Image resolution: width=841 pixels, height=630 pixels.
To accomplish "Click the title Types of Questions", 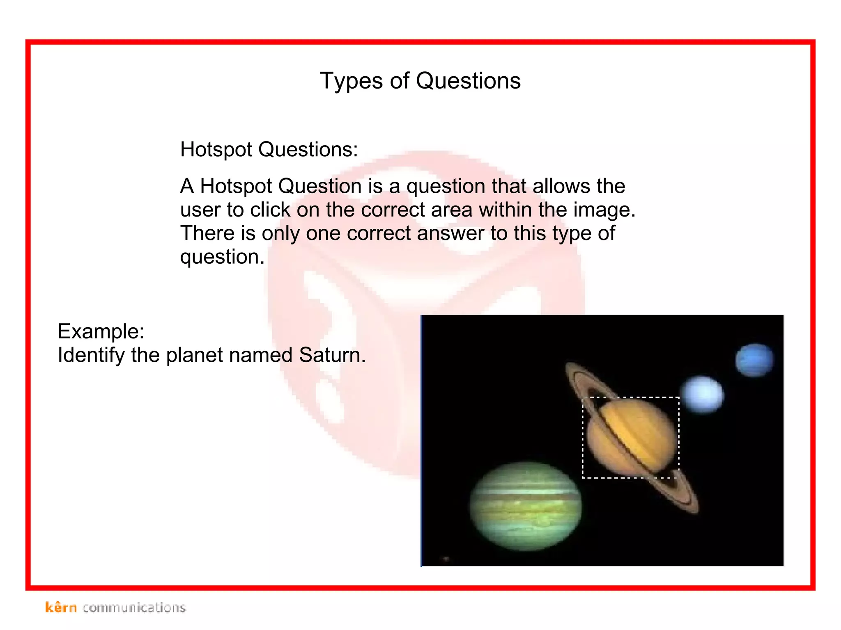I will click(420, 81).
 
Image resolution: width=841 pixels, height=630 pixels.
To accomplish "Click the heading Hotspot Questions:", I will click(269, 149).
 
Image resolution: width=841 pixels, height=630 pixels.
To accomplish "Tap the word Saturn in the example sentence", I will click(332, 355).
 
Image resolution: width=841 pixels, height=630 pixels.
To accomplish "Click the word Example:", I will click(101, 331).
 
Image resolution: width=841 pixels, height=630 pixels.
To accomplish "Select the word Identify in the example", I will click(91, 355).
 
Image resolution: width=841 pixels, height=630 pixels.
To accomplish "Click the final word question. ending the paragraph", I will click(222, 257).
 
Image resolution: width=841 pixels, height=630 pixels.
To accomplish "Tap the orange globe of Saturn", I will click(632, 437).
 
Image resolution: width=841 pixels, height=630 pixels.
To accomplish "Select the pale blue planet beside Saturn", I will click(702, 394).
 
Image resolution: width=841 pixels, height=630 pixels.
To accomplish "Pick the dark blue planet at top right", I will click(754, 360).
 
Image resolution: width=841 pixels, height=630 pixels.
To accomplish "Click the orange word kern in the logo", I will click(61, 607).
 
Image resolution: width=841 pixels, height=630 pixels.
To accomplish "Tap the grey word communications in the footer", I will click(134, 608).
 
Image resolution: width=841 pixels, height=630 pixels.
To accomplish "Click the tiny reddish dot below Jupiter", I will click(446, 559).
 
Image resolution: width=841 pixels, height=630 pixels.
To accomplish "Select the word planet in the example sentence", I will click(197, 355).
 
